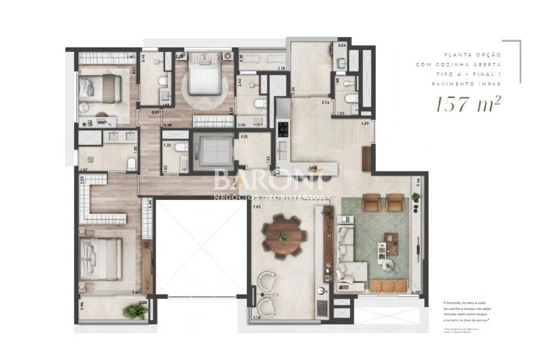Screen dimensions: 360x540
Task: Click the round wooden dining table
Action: [x=284, y=236]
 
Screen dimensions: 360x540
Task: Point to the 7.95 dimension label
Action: [x=257, y=207]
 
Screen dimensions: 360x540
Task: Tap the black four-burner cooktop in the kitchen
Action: [x=283, y=129]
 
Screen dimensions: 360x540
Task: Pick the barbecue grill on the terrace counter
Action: [x=322, y=307]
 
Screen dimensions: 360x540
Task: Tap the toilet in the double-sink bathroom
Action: [x=131, y=164]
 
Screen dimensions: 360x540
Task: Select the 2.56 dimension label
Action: [x=341, y=46]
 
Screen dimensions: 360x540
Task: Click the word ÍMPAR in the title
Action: [x=488, y=83]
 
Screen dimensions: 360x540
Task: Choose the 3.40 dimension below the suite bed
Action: [x=135, y=292]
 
